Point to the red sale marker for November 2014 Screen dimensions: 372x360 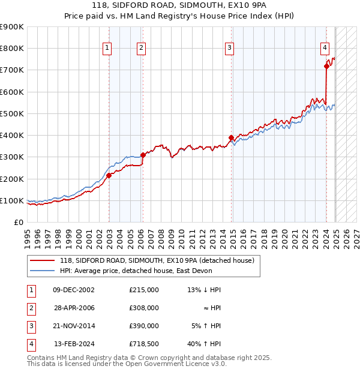point(231,137)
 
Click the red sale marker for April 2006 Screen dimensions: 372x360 point(143,155)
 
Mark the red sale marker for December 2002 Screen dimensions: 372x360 point(109,175)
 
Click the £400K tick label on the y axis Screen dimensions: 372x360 point(12,135)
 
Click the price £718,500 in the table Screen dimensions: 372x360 point(144,344)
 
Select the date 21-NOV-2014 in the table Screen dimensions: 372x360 point(74,326)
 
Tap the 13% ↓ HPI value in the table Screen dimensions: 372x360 point(204,290)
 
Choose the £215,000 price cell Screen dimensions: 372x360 point(144,290)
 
